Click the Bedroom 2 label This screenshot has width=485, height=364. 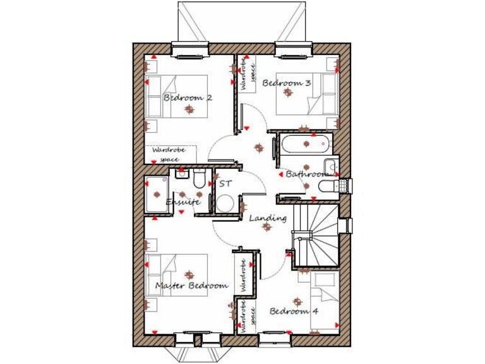187,98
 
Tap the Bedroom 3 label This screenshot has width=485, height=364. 286,83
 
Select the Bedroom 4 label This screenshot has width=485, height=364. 294,311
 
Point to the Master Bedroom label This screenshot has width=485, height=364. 191,286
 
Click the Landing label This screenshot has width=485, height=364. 268,218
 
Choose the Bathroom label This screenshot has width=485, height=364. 307,174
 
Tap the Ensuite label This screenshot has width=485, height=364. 183,202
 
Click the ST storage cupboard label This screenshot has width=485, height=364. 225,184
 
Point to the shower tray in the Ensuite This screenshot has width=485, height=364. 155,194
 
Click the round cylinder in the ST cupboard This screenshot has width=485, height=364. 225,203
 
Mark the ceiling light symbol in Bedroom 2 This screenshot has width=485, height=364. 188,110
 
